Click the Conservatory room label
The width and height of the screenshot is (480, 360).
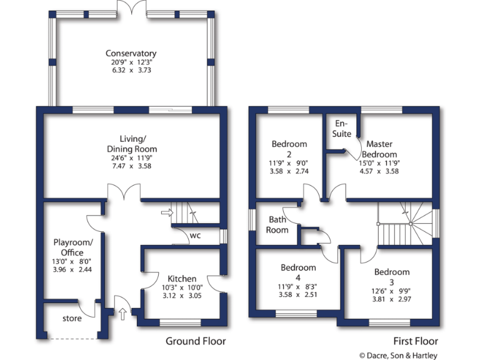(131, 54)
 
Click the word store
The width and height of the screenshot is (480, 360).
(72, 319)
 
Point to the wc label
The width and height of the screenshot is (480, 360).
(196, 236)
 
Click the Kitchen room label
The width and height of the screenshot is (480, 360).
(182, 279)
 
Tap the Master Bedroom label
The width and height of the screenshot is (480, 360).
(381, 149)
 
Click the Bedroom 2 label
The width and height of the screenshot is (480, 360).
(289, 149)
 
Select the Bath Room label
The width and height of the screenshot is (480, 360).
(278, 224)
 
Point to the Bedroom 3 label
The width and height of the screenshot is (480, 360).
(392, 277)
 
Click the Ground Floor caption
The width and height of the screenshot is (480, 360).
(195, 341)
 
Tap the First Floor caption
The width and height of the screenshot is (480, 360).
(416, 341)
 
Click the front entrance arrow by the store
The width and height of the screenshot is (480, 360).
(122, 313)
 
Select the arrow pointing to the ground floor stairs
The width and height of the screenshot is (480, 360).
(166, 212)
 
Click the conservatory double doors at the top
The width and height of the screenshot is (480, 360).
(131, 9)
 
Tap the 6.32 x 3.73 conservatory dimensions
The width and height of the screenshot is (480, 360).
(131, 71)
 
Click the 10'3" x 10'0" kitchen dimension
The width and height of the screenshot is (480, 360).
(182, 287)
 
